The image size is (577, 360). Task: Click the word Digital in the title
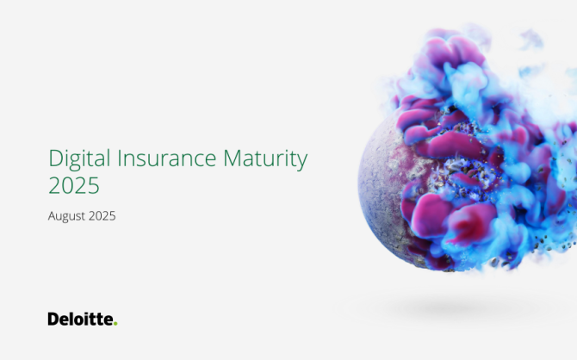pos(79,159)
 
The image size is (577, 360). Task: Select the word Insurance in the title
pos(167,158)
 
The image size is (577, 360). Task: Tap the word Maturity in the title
pos(265,159)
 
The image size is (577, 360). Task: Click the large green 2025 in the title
pos(74,185)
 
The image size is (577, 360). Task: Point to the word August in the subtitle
pos(65,216)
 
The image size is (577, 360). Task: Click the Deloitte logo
pos(83,319)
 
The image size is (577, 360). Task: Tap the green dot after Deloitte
pos(115,324)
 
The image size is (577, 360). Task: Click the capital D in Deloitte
pos(53,319)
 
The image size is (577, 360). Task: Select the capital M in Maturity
pos(232,158)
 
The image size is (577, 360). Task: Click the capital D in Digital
pos(56,158)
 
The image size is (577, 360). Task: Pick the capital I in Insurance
pos(119,158)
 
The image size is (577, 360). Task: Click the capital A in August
pos(53,215)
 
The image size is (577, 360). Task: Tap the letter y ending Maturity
pos(301,163)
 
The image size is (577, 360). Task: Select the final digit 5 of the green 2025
pos(94,185)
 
